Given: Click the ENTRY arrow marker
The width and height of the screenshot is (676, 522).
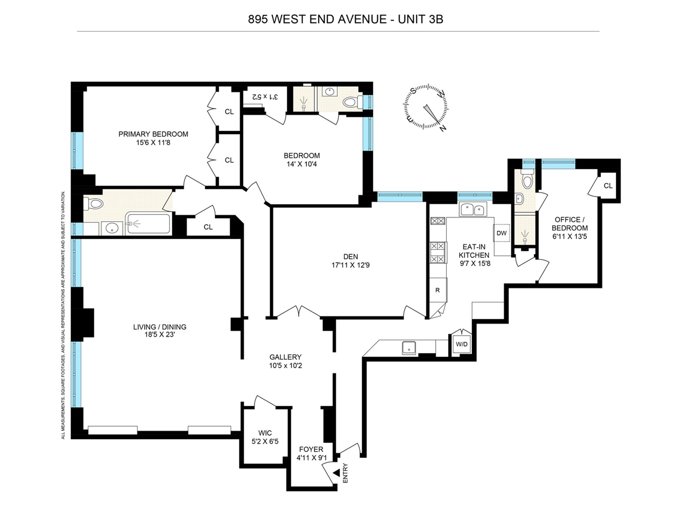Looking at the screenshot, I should (x=337, y=473).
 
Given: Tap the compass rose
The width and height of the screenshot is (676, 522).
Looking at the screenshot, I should (x=426, y=107).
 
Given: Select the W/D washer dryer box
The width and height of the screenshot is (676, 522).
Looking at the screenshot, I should (x=462, y=344).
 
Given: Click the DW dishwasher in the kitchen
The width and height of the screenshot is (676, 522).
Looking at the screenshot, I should (x=501, y=233).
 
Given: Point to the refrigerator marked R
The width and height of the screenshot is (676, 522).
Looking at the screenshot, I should (x=438, y=290).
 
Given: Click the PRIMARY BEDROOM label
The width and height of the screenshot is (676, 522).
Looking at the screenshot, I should (x=153, y=134).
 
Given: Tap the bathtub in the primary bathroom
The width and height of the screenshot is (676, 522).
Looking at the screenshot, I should (x=148, y=223).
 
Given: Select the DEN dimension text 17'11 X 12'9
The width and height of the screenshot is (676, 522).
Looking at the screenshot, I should (x=350, y=265).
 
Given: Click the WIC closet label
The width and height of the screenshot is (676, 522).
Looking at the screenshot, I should (x=265, y=433).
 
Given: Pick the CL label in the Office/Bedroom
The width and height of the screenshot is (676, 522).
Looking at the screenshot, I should (x=608, y=186).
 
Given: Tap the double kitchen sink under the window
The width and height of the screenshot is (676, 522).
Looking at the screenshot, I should (x=473, y=210).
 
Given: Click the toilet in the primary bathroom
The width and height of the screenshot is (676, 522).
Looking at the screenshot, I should (x=93, y=203).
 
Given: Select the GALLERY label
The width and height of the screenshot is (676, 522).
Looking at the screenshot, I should (x=286, y=357).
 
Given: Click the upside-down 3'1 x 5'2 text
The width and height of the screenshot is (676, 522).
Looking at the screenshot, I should (x=265, y=96).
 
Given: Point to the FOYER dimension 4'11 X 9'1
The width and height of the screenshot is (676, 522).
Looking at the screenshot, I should (x=311, y=458).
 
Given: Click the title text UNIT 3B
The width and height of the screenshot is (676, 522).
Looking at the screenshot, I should (x=420, y=19).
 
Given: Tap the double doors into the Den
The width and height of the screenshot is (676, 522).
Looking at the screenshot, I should (x=299, y=312).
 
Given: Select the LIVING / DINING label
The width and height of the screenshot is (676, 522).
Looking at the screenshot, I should (x=159, y=327).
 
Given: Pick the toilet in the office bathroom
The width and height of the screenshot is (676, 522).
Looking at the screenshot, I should (x=527, y=181).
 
